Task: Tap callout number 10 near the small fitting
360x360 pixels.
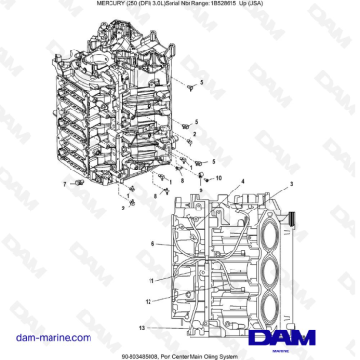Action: tap(218, 178)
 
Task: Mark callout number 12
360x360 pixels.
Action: tap(149, 301)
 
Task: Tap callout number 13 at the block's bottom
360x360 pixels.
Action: tap(140, 327)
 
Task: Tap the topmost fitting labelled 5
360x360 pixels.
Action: tap(190, 87)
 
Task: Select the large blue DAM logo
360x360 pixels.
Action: tap(282, 337)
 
